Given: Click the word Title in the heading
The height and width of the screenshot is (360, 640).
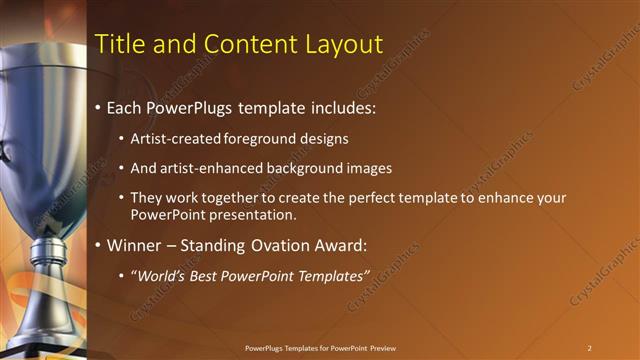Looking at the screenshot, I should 117,44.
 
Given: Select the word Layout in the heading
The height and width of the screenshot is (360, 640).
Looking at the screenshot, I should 344,44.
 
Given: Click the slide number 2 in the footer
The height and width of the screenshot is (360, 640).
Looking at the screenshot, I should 589,348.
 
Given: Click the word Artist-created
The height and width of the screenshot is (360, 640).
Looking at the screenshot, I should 168,137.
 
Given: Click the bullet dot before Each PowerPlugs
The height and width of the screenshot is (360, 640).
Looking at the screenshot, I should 98,107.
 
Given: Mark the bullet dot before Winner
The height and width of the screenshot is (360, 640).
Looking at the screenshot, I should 98,245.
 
